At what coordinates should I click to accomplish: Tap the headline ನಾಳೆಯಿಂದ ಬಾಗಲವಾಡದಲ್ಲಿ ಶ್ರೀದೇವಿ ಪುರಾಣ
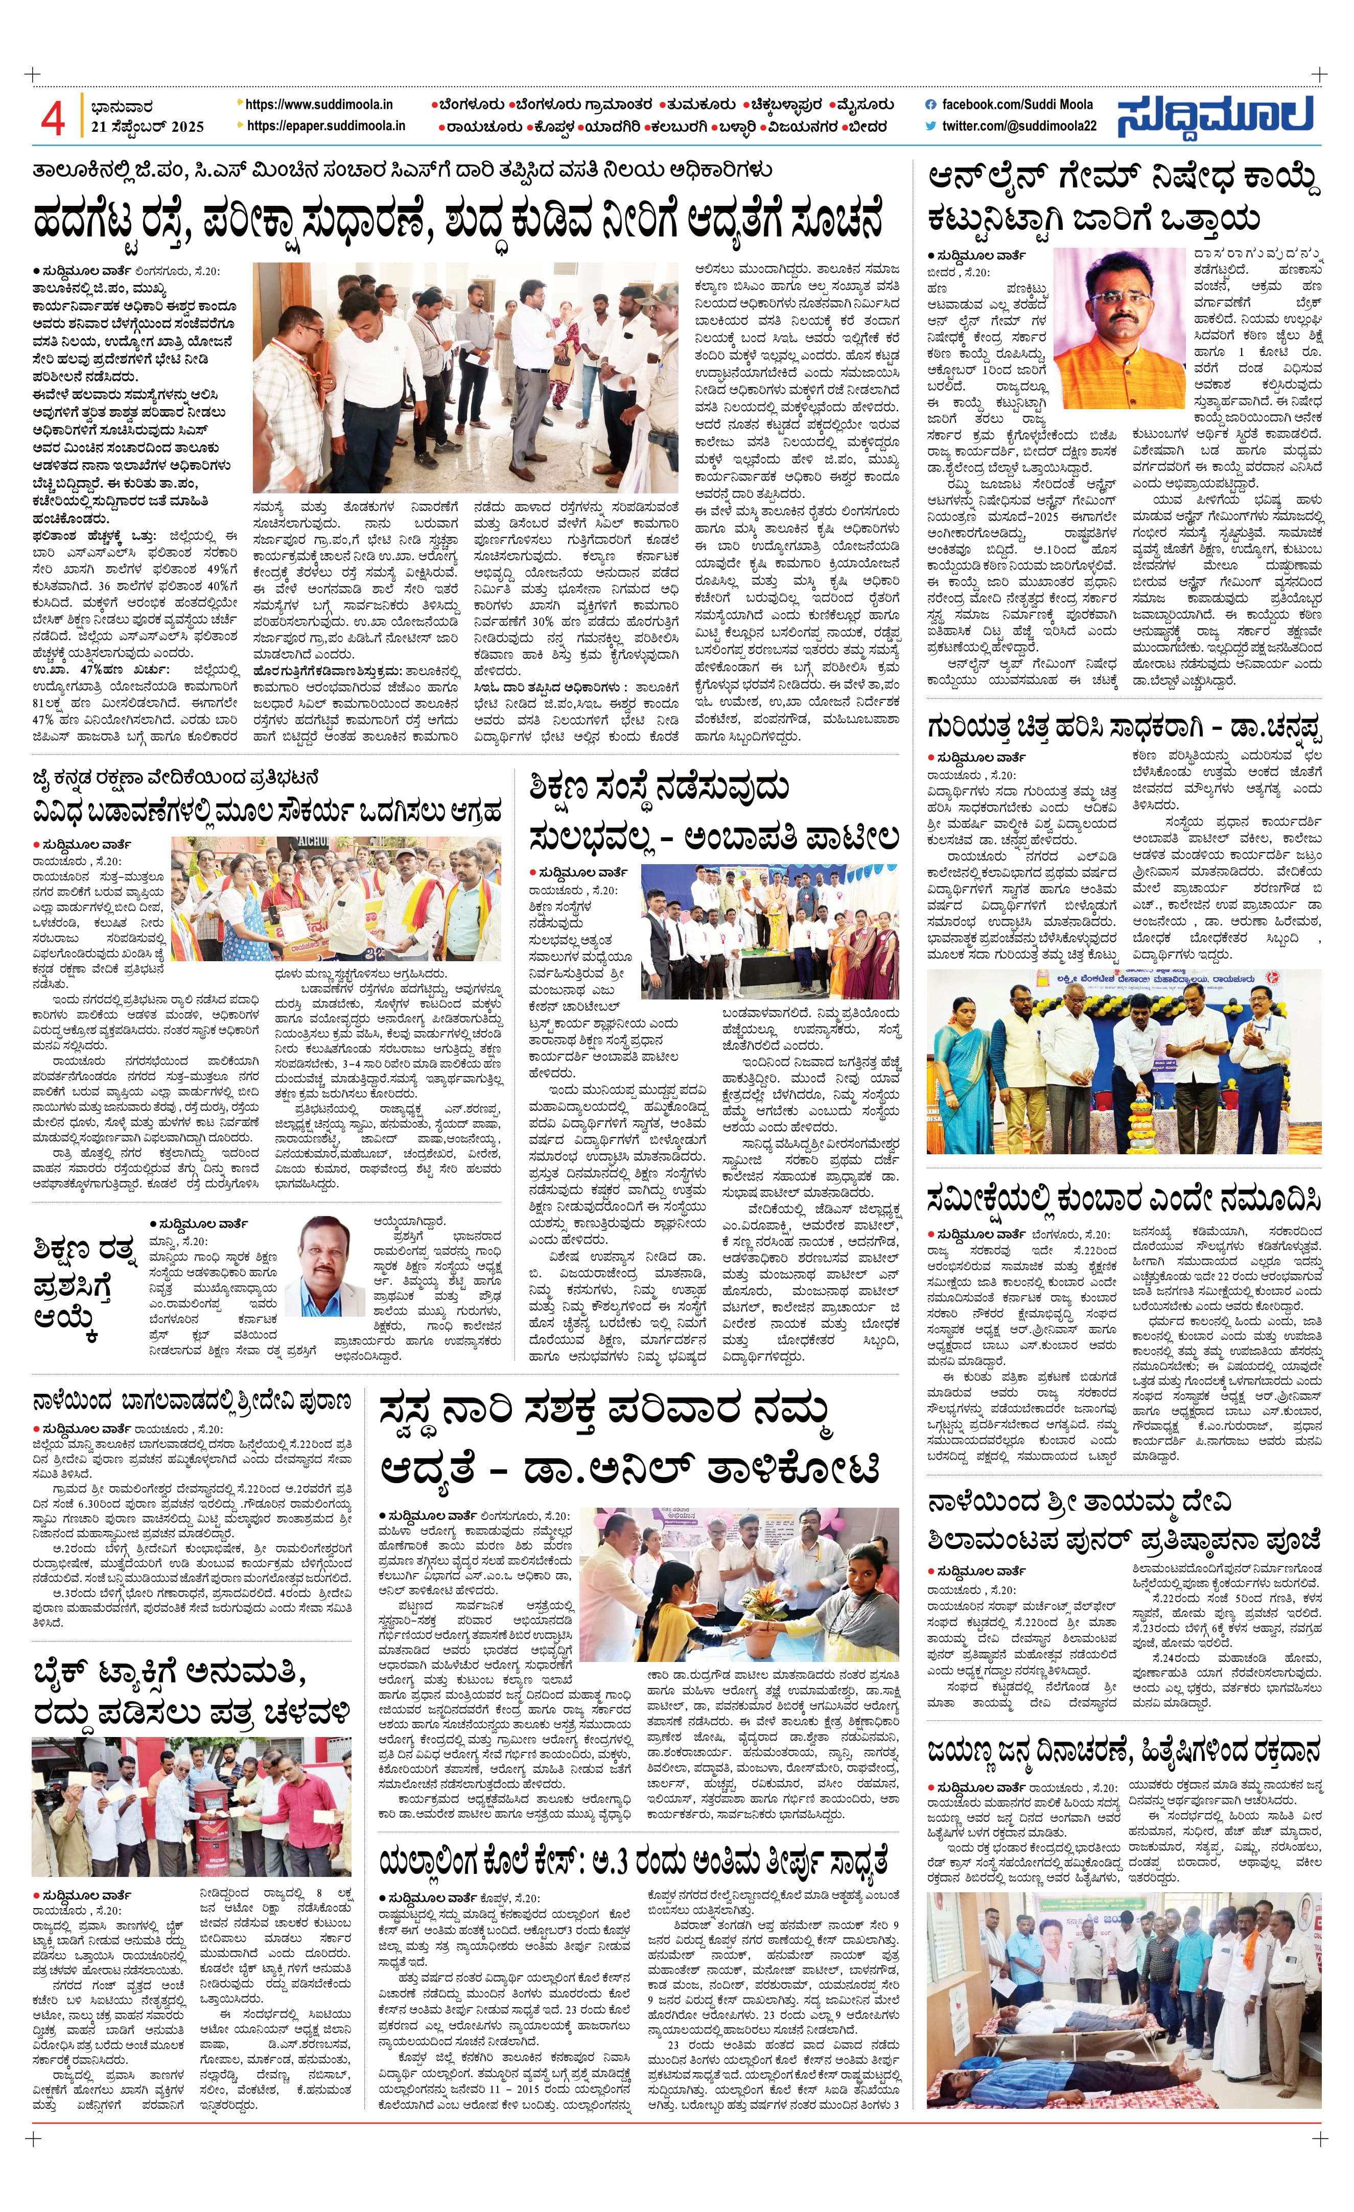pos(191,1401)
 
